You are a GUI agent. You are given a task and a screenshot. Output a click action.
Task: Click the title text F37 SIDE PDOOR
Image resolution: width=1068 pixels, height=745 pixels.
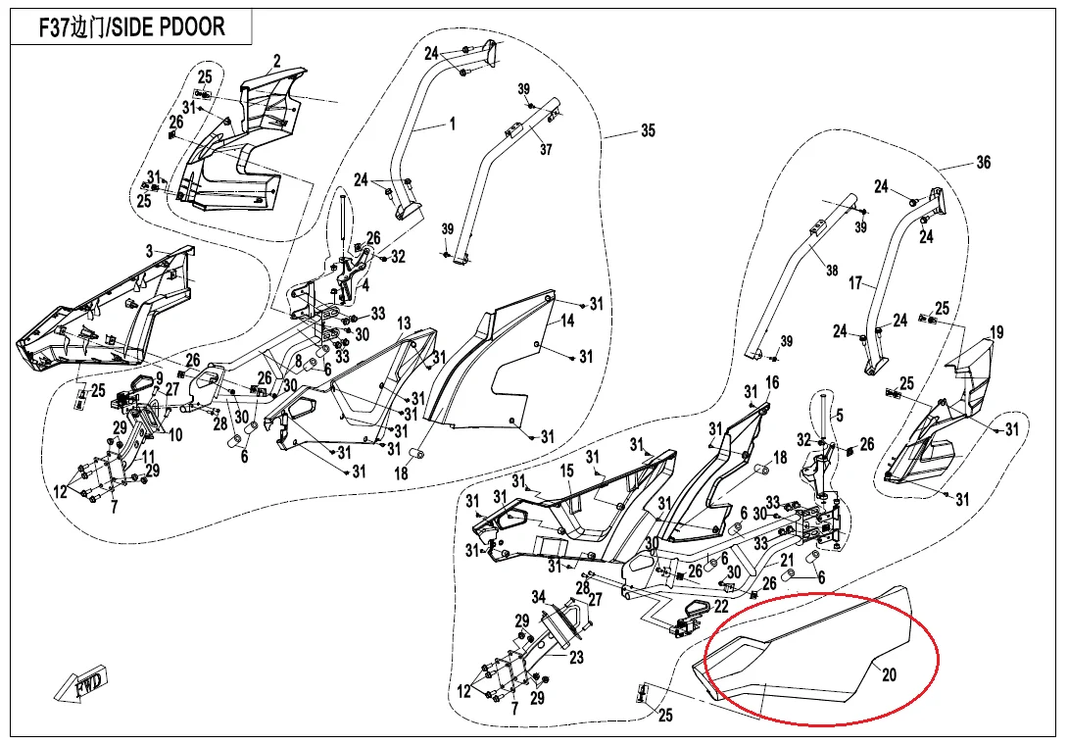tap(131, 26)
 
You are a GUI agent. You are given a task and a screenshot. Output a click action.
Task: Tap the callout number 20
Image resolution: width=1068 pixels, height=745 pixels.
tap(889, 674)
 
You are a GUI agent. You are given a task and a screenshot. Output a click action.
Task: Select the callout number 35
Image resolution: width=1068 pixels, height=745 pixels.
tap(648, 130)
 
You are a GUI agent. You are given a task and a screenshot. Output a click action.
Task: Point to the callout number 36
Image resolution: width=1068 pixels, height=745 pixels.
tap(984, 163)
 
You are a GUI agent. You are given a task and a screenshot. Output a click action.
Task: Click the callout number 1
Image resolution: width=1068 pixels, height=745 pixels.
tap(452, 124)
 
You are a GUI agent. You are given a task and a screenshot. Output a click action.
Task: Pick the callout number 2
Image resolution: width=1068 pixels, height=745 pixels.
tap(277, 62)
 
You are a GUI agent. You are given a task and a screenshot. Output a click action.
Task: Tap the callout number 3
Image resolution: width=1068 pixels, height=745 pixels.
tap(149, 252)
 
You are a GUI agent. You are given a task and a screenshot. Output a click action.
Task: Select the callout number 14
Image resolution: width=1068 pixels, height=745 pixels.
tap(567, 322)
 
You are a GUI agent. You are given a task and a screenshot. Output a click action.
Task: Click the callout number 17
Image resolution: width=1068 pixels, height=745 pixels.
tap(855, 283)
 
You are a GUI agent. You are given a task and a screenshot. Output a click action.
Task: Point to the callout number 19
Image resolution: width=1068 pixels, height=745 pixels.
tap(996, 333)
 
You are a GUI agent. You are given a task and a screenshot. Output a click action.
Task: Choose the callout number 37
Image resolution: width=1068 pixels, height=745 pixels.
tap(546, 150)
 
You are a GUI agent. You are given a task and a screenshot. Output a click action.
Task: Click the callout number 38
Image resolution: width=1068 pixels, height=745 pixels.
tap(831, 272)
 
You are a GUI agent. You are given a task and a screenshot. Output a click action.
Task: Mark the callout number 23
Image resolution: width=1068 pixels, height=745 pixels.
tap(575, 658)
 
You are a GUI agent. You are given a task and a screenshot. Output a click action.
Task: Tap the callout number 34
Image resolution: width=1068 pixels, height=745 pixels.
tap(538, 597)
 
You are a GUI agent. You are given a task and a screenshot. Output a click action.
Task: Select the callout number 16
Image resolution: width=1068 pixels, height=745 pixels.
tap(772, 381)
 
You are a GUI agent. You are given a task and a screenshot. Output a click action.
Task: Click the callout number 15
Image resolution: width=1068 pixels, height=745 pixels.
tap(567, 472)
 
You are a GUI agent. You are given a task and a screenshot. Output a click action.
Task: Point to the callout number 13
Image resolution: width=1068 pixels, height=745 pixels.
tap(404, 323)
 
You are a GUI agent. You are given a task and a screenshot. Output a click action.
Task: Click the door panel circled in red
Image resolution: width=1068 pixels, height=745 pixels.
tap(813, 657)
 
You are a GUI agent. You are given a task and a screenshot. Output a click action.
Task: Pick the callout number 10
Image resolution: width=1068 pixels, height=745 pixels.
tap(176, 434)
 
